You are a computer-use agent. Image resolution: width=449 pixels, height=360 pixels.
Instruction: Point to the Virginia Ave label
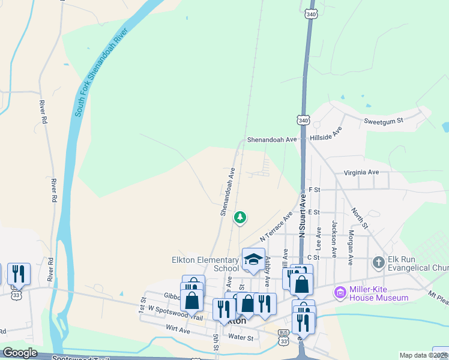[361, 172]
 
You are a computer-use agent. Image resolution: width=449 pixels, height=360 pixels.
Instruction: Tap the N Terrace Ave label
[276, 226]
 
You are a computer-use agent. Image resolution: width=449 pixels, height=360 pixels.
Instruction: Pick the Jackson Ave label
[335, 235]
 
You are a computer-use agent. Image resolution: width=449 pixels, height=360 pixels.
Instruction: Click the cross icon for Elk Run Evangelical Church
[378, 262]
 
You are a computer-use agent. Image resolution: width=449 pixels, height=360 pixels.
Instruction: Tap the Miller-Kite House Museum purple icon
[341, 293]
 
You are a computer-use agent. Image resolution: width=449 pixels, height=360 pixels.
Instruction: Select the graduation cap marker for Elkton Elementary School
[253, 259]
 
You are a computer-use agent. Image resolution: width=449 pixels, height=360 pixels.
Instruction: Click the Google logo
[19, 353]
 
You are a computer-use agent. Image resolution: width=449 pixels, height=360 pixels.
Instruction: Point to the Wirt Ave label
[178, 331]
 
